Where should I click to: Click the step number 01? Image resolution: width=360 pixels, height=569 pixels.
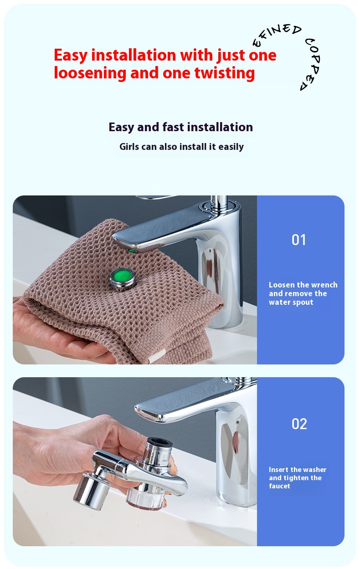coord(298,240)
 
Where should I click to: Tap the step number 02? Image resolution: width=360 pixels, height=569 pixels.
coord(299,424)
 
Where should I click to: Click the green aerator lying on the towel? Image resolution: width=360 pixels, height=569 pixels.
coord(122,279)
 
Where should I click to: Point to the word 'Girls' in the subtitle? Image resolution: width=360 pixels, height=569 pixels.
coord(129,147)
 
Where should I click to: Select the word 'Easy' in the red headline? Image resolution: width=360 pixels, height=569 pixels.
coord(71,56)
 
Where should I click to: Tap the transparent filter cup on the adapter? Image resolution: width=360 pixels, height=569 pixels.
coord(146,500)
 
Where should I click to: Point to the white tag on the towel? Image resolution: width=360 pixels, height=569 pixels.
coord(157,356)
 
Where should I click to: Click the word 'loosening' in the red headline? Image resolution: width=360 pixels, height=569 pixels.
coord(90,73)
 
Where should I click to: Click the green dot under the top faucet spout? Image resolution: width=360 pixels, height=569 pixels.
coord(132,251)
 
